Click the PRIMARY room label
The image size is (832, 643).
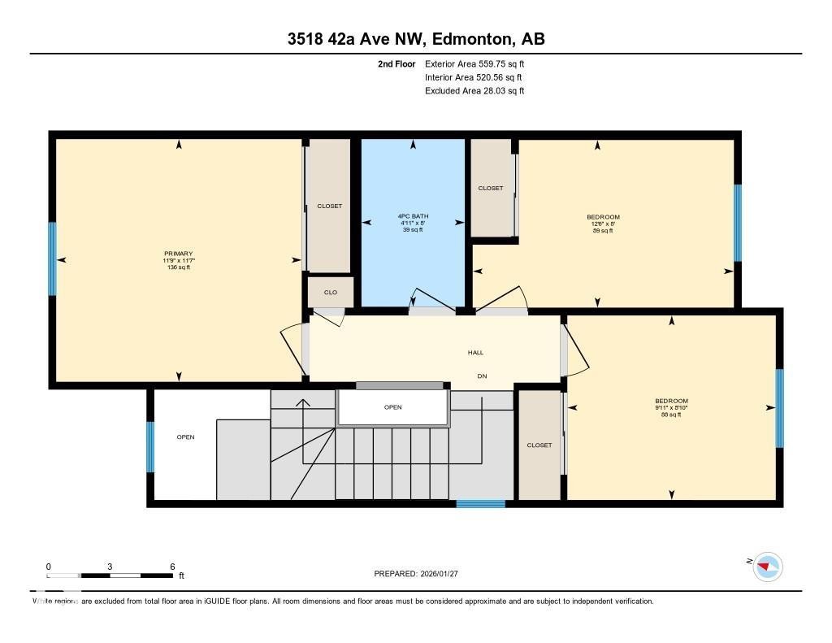point(179,254)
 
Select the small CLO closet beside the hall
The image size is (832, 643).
point(330,293)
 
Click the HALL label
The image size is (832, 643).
point(475,353)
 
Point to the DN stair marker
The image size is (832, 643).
point(481,375)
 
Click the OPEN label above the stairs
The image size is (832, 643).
point(392,407)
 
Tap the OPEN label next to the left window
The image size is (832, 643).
point(185,437)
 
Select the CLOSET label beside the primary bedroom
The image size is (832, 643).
point(329,206)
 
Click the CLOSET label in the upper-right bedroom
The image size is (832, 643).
point(490,189)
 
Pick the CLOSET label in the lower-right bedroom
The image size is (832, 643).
point(539,445)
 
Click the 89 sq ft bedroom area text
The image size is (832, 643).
point(603,231)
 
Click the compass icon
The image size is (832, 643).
point(767,567)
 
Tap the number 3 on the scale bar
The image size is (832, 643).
point(109,567)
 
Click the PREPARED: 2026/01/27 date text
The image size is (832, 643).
point(421,574)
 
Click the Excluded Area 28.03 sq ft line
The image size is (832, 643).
point(474,91)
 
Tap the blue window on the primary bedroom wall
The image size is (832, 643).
point(52,259)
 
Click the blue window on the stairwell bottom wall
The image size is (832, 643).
point(480,504)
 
